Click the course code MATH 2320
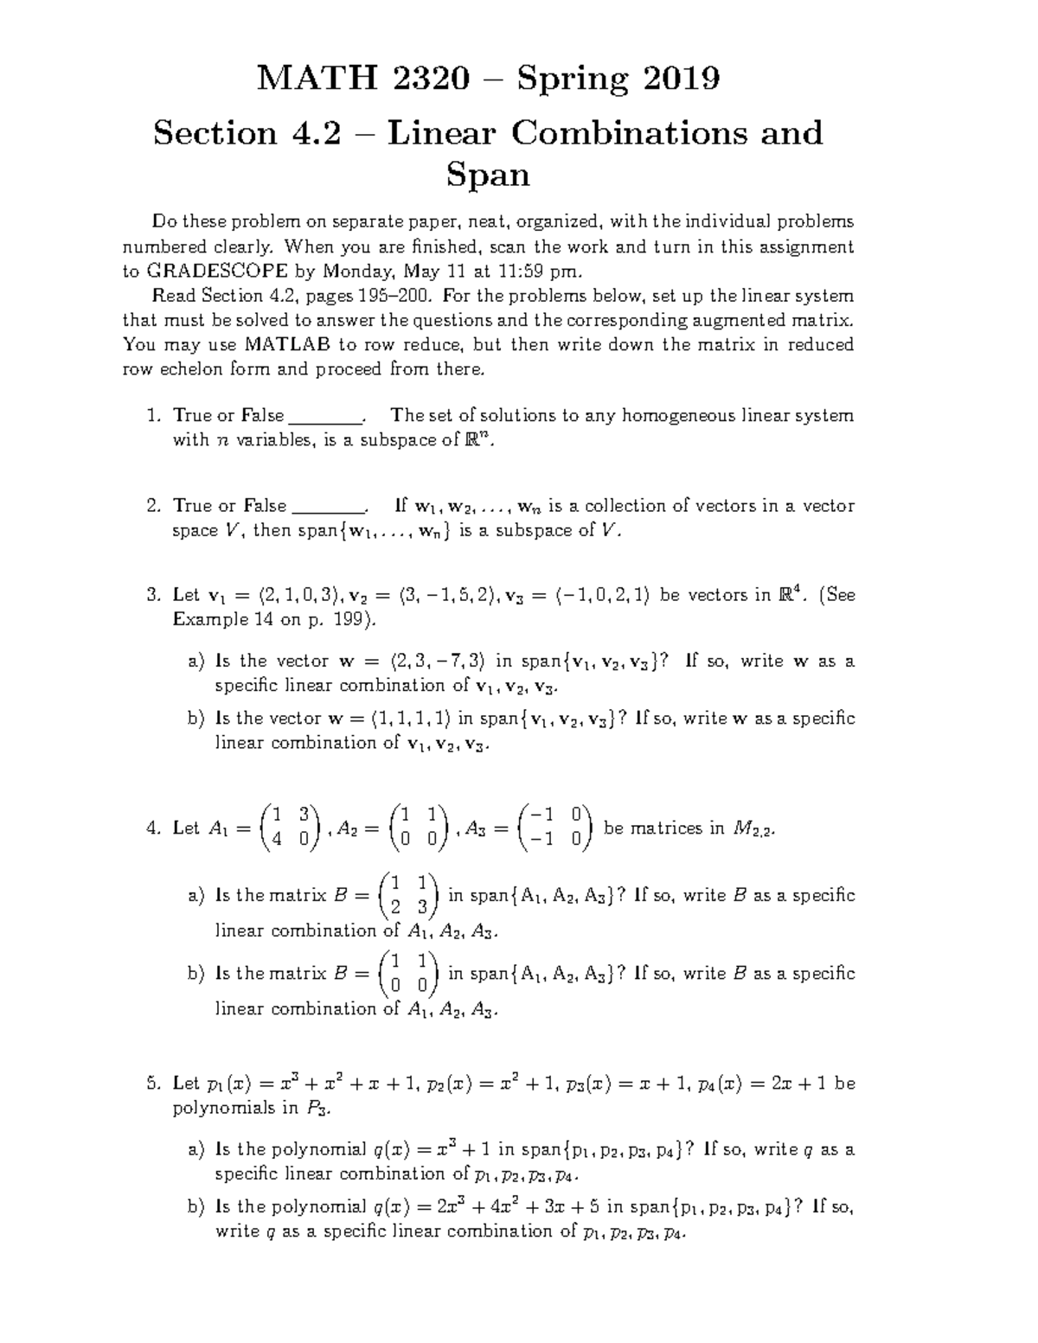362,80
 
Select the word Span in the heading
487,176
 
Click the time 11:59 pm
527,271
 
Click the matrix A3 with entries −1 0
553,828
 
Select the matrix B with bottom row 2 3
409,896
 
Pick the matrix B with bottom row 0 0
409,974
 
